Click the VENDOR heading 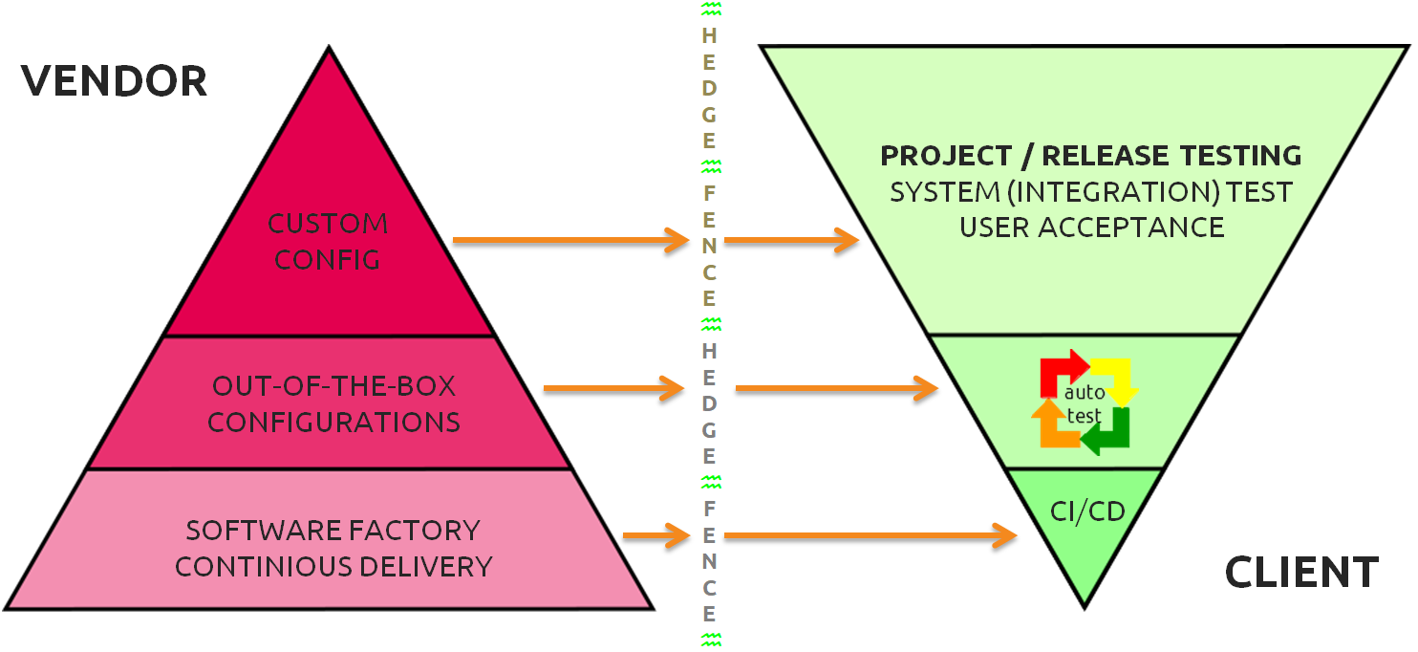[114, 82]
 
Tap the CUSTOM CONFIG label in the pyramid [328, 242]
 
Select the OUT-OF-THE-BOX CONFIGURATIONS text [333, 403]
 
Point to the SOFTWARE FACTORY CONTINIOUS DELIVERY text [333, 548]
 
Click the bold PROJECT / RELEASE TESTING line [1090, 156]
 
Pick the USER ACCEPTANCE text [1091, 228]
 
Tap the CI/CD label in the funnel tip [1087, 511]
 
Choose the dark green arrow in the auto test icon [1110, 432]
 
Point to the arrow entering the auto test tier [837, 388]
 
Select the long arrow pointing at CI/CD [870, 536]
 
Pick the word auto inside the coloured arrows [1085, 392]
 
